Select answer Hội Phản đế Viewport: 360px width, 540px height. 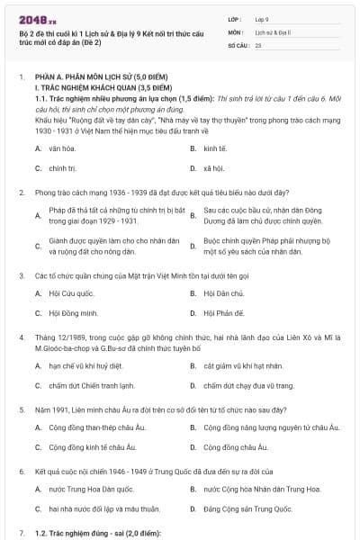(224, 313)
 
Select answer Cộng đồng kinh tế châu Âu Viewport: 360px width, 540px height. (90, 447)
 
